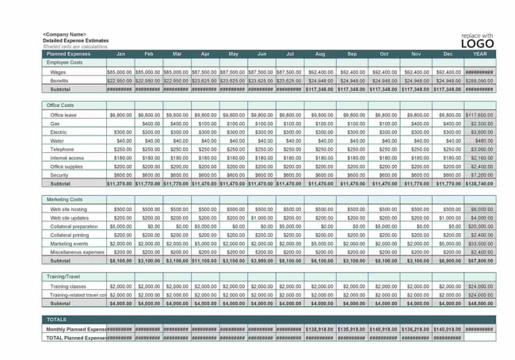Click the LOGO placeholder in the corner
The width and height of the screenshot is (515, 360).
click(x=478, y=43)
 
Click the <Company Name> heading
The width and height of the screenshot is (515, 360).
click(x=64, y=35)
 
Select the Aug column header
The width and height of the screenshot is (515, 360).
click(x=319, y=54)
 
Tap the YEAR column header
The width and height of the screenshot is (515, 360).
click(x=479, y=54)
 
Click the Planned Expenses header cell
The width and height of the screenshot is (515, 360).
click(x=68, y=54)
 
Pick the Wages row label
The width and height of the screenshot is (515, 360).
click(x=59, y=72)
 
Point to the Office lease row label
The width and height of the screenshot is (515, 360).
click(x=63, y=115)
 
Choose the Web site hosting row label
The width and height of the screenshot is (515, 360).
click(x=68, y=209)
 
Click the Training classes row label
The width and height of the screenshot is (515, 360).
click(x=69, y=286)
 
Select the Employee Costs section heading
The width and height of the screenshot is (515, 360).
click(x=65, y=62)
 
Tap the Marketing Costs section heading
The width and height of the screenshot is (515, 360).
click(x=64, y=199)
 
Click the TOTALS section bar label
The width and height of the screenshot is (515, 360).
click(x=57, y=319)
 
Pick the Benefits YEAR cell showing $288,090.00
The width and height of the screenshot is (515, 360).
click(x=479, y=81)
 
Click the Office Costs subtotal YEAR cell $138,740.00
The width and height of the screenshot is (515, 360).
click(x=479, y=183)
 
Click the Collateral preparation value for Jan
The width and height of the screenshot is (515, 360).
click(x=120, y=226)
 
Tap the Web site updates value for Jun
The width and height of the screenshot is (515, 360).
click(x=261, y=217)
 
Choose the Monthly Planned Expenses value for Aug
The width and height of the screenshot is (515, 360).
click(x=319, y=329)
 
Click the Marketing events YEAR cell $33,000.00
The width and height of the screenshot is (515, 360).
click(x=479, y=243)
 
